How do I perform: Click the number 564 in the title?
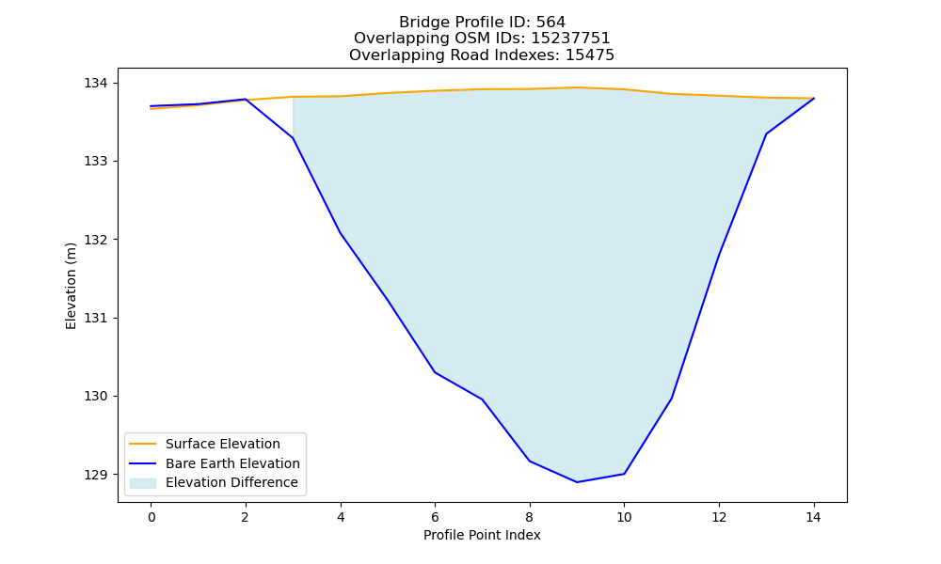(550, 23)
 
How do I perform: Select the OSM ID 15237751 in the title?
(570, 39)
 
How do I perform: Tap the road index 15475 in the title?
(590, 55)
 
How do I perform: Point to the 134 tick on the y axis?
(93, 83)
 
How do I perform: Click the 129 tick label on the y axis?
(93, 475)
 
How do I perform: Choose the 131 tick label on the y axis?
(93, 319)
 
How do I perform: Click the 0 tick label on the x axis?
(152, 517)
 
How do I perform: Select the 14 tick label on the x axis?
(813, 517)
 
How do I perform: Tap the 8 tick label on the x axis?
(529, 517)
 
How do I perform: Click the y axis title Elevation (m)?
(71, 286)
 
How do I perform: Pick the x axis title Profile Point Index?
(482, 535)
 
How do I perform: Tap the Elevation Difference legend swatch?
(143, 483)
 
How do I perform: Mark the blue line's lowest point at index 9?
(577, 482)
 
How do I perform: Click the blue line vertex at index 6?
(435, 372)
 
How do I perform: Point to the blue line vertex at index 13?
(766, 133)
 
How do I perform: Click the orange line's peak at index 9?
(577, 87)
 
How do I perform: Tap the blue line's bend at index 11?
(672, 398)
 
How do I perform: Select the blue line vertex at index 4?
(341, 232)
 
